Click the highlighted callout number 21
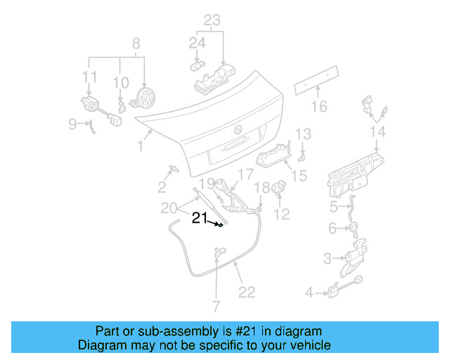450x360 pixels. point(200,219)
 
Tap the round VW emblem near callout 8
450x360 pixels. point(145,98)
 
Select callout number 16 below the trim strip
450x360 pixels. point(320,107)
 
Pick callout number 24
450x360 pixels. point(197,44)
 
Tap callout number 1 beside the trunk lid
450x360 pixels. point(141,146)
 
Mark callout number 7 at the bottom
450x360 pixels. point(216,306)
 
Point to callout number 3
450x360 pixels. point(327,259)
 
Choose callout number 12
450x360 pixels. point(281,214)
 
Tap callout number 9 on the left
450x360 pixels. point(72,124)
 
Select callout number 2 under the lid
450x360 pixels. point(162,186)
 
